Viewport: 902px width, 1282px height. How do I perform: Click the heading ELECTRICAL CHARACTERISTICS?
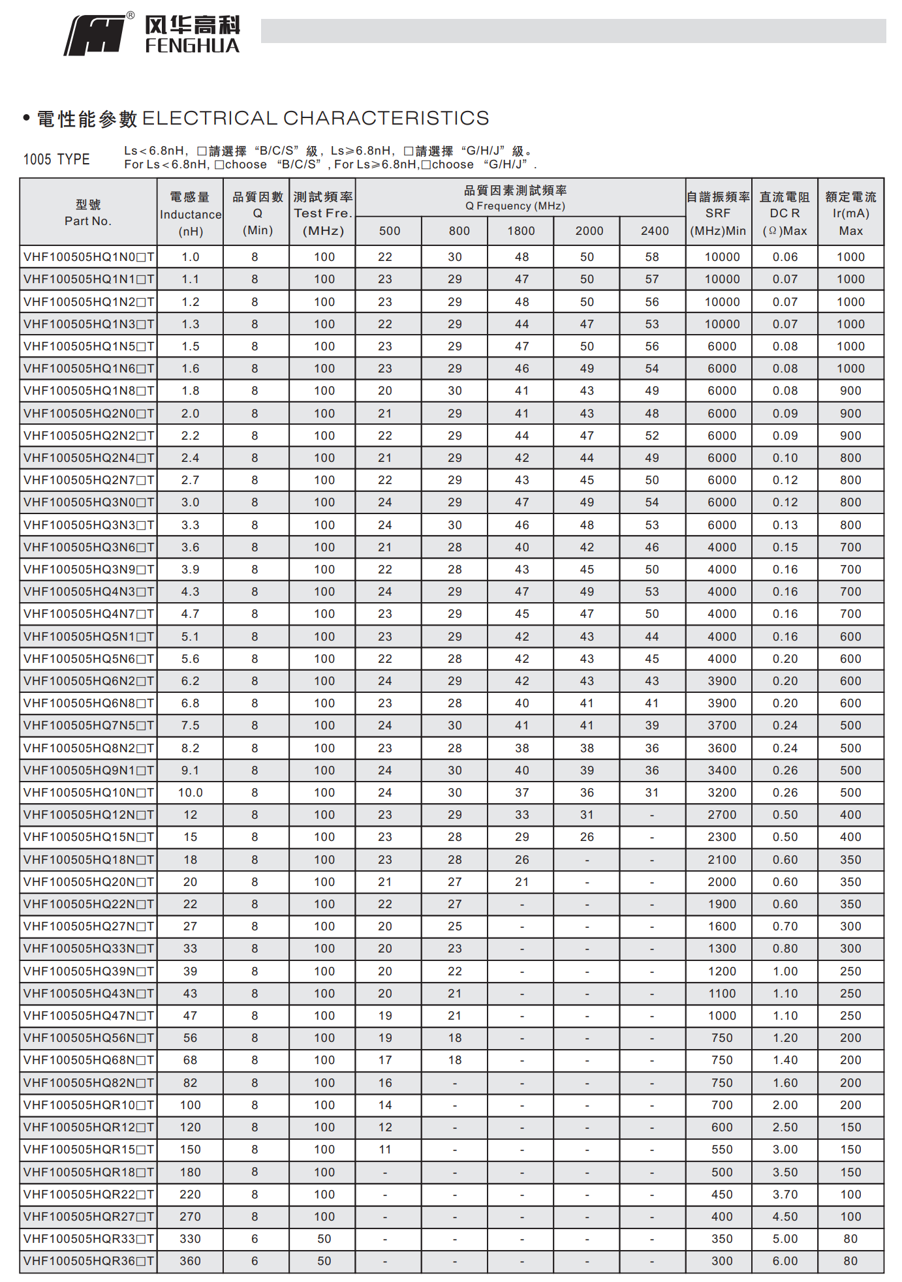pos(315,118)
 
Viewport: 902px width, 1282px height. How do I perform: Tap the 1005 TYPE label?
pos(57,159)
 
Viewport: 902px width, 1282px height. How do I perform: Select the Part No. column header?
pos(88,213)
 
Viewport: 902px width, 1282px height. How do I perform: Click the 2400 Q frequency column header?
pos(655,231)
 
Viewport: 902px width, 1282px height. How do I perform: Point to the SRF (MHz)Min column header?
pos(718,213)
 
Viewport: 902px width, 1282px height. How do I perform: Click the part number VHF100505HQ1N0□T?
pos(89,257)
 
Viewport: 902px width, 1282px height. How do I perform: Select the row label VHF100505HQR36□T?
pos(89,1261)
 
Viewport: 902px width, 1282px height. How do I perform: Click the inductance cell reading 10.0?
pos(191,793)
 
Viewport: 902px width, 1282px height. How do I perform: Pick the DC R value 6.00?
pos(785,1261)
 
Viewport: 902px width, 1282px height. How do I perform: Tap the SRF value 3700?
pos(722,725)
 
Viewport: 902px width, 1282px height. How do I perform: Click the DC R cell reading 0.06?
pos(785,257)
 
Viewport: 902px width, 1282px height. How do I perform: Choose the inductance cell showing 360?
pos(191,1261)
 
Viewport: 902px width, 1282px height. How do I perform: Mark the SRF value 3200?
pos(722,793)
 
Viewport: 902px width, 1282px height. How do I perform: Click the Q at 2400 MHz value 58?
pos(652,257)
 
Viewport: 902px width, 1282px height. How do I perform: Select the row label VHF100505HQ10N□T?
pos(89,793)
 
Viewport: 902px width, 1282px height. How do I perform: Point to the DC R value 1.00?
pos(785,971)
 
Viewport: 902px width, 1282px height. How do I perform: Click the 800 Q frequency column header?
pos(459,231)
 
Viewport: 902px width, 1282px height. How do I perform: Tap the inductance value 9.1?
pos(191,771)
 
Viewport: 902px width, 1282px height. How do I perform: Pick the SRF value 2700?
pos(722,815)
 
